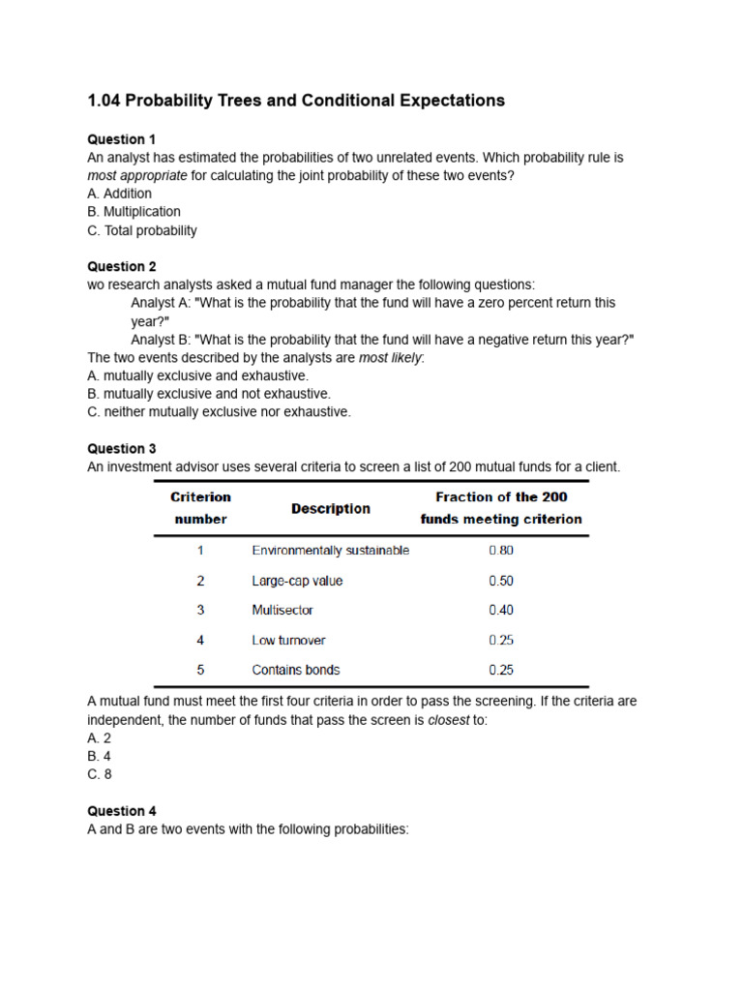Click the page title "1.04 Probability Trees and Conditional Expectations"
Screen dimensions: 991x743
296,101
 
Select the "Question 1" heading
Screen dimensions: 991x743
121,139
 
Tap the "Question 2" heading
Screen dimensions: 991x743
121,266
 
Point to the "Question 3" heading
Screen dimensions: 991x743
121,448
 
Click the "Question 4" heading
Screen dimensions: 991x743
121,811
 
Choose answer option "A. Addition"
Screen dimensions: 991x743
119,194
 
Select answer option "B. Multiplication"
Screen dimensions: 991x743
134,212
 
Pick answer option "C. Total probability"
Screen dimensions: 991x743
141,230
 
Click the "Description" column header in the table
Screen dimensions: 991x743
331,508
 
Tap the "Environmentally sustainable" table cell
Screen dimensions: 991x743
330,551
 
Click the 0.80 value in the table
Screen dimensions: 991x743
501,551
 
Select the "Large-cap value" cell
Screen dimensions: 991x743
297,581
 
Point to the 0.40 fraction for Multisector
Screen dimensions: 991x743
501,611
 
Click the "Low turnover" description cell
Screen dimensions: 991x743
288,641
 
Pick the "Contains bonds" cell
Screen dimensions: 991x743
296,670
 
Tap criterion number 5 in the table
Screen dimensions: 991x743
200,670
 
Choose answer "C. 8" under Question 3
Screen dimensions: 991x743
100,774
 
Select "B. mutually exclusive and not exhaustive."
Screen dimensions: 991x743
208,394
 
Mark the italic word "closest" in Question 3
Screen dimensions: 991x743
449,720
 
